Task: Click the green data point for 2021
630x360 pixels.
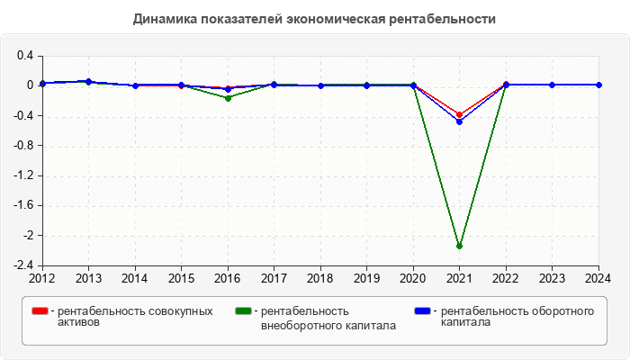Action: (x=460, y=246)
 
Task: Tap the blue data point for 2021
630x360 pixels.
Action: (x=460, y=121)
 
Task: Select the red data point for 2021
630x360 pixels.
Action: (x=460, y=114)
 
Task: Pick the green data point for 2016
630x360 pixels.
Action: (x=228, y=97)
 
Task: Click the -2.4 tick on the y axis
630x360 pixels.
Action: (x=23, y=265)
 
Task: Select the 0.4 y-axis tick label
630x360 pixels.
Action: (x=25, y=56)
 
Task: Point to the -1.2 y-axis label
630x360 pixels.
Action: (x=23, y=175)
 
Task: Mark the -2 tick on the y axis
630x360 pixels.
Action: (x=28, y=236)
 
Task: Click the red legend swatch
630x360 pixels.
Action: (x=40, y=311)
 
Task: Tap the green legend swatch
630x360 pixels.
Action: (x=243, y=311)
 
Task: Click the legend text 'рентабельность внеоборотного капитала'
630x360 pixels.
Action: (x=328, y=319)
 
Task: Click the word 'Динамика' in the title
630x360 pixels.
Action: (x=163, y=18)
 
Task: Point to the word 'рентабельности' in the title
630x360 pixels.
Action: (x=452, y=18)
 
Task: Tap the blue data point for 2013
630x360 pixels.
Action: (x=88, y=81)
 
